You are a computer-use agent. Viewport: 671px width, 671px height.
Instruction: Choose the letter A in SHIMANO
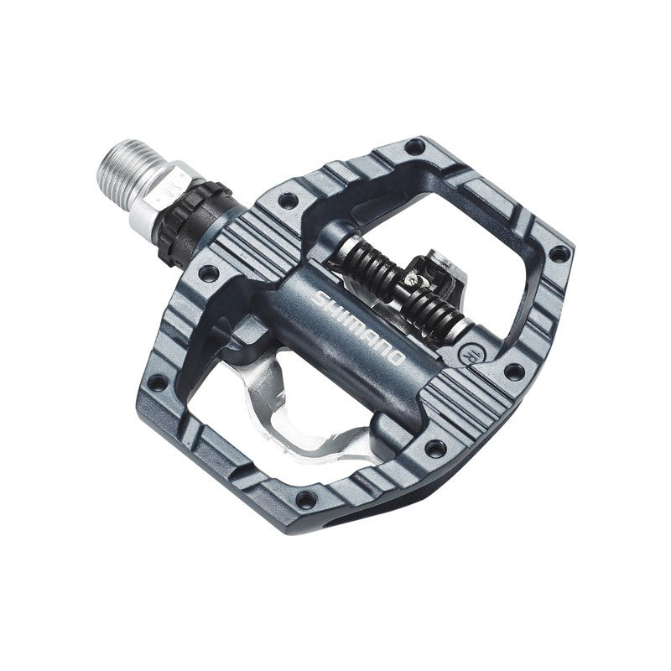click(367, 334)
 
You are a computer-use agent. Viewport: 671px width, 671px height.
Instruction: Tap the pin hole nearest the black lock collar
click(288, 202)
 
